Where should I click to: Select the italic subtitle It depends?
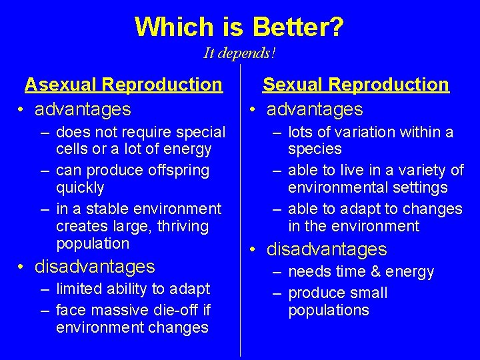tap(240, 53)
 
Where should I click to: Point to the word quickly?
tap(80, 188)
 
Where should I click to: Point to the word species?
tap(315, 149)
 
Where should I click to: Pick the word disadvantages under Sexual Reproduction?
tap(327, 249)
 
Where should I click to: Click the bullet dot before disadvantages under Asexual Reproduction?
tap(23, 267)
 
